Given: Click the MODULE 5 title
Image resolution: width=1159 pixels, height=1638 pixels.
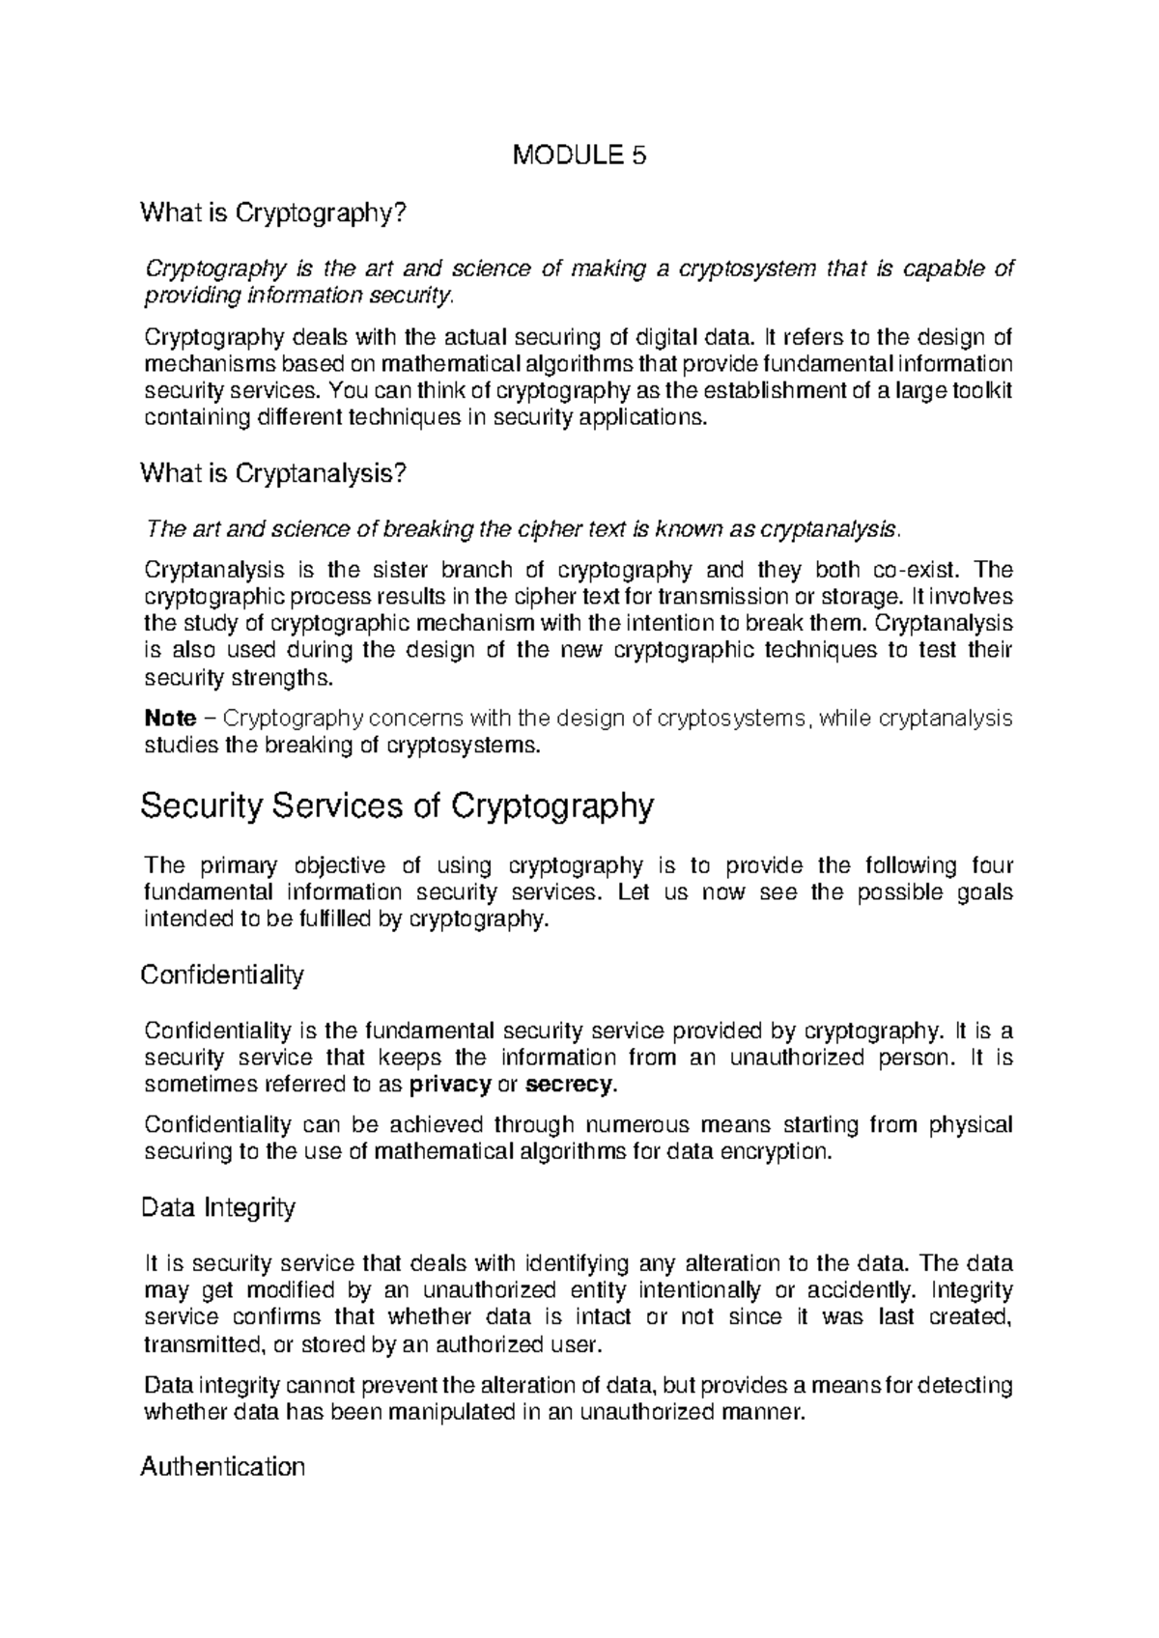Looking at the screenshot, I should (579, 155).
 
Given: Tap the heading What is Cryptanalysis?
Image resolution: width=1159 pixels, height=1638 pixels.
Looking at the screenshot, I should (274, 473).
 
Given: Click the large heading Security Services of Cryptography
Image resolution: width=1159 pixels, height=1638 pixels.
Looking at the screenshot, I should (397, 805).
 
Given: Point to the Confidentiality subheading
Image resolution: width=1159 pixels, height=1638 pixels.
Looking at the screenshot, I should (222, 974).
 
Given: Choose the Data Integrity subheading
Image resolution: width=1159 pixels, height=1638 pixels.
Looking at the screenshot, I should (217, 1207).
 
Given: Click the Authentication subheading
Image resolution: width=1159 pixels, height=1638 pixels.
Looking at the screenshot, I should (222, 1467).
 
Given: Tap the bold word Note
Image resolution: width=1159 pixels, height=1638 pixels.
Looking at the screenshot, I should (169, 719).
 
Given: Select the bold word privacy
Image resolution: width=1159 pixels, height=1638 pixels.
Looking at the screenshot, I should (450, 1085).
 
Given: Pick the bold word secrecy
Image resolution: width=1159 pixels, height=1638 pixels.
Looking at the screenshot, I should (568, 1085).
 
